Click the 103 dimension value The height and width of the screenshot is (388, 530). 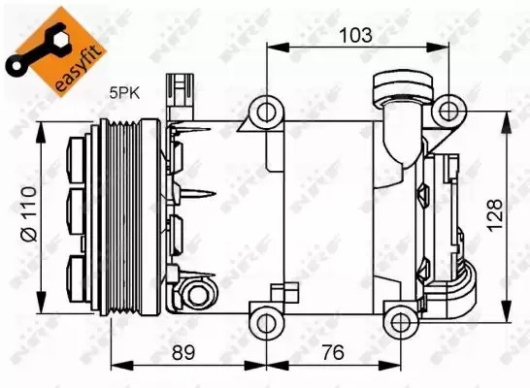(355, 36)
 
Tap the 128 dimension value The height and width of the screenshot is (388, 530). (494, 215)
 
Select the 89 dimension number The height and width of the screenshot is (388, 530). (183, 352)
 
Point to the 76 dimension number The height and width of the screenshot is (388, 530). (333, 352)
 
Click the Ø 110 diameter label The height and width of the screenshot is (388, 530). (28, 213)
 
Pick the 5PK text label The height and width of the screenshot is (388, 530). (124, 92)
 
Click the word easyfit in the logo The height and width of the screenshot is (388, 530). (79, 68)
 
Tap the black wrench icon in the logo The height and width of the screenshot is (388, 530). (37, 48)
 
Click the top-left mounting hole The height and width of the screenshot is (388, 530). (267, 113)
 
